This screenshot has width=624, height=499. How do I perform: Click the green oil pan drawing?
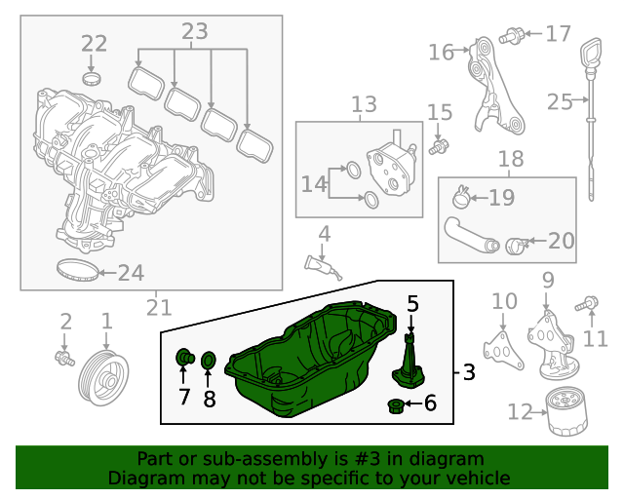pos(312,361)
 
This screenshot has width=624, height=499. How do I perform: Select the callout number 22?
pos(94,43)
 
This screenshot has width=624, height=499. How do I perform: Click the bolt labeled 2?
pos(65,358)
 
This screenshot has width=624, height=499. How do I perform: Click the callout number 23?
pos(194,32)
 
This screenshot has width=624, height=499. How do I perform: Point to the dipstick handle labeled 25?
pos(590,54)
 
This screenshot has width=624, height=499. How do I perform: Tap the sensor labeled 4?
pos(323,264)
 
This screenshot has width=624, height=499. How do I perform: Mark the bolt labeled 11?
pos(588,304)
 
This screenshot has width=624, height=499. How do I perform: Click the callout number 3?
pos(468,372)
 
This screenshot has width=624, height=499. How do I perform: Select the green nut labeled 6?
pos(397,404)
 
